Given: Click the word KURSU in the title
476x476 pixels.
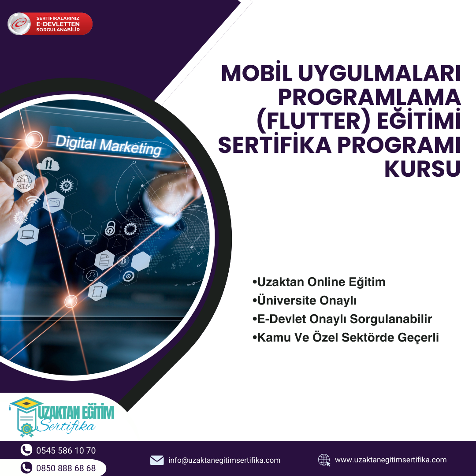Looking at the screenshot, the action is (423, 169).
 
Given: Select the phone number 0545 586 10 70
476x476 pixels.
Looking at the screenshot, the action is (66, 450).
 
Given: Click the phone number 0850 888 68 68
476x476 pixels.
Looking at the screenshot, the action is (66, 468).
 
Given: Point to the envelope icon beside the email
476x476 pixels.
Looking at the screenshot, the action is (157, 460).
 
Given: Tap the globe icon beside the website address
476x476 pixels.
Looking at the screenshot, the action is (324, 460).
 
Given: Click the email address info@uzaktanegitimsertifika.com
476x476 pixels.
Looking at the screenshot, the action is (224, 460).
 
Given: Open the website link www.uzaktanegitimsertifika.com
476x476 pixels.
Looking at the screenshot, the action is (390, 460).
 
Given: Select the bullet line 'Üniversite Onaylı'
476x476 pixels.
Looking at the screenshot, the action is (305, 301).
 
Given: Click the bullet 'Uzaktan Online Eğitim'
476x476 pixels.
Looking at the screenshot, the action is (319, 282).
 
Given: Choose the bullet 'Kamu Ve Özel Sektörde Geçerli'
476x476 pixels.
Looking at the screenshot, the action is (346, 338).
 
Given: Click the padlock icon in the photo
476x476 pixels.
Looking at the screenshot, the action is (110, 228).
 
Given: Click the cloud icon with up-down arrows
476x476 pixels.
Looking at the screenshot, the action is (48, 164).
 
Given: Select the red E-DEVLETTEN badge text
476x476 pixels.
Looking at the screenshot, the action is (58, 24).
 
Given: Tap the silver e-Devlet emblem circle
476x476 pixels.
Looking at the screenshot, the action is (19, 24).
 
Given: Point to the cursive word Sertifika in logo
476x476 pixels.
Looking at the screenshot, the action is (67, 426).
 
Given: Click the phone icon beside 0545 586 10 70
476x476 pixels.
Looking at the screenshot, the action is (26, 450).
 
